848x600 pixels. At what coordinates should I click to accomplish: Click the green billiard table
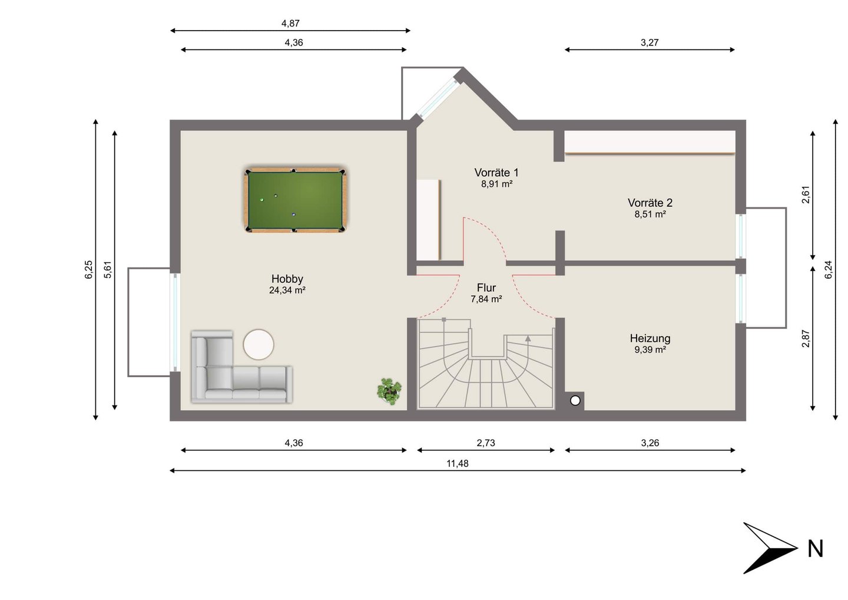[295, 200]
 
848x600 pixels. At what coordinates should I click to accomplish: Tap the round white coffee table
[259, 344]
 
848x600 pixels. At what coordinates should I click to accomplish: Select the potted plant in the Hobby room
[389, 391]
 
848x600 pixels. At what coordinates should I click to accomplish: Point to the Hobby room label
[287, 279]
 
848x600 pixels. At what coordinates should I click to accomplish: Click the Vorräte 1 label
[496, 173]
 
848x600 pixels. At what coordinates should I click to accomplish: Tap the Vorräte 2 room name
[650, 203]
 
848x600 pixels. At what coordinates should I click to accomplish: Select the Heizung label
[650, 338]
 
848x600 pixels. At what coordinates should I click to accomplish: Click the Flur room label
[486, 288]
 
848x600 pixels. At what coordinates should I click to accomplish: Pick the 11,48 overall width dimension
[458, 463]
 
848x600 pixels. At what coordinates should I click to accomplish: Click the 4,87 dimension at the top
[290, 24]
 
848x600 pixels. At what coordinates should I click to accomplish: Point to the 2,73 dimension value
[486, 443]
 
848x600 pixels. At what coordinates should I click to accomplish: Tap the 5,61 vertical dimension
[108, 270]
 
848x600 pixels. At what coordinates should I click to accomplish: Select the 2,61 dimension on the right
[806, 194]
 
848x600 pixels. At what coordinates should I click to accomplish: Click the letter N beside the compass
[816, 549]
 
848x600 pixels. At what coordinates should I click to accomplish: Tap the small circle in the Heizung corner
[575, 400]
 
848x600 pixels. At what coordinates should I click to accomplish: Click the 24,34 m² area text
[287, 291]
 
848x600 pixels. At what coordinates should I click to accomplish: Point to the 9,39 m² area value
[650, 350]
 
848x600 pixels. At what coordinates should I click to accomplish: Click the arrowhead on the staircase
[528, 338]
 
